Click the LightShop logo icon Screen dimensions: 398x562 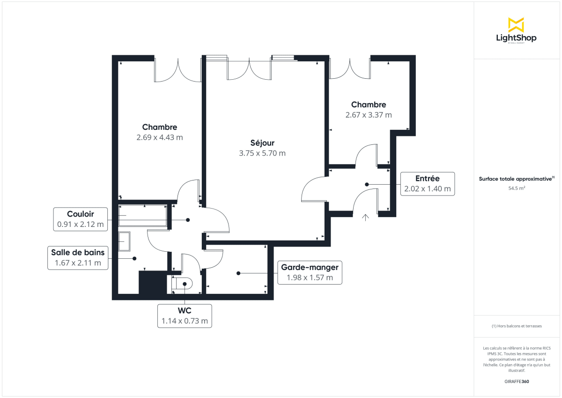click(516, 25)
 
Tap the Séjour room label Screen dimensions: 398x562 click(262, 143)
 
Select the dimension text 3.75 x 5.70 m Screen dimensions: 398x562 click(262, 153)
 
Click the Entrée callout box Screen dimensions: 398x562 click(427, 184)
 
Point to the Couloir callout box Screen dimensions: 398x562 click(81, 219)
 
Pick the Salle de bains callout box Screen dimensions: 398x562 click(78, 257)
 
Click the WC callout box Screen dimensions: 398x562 click(185, 316)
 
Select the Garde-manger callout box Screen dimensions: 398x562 click(309, 272)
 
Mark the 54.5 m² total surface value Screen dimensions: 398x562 click(516, 188)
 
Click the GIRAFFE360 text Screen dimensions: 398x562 click(516, 381)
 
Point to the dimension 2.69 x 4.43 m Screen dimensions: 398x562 click(160, 137)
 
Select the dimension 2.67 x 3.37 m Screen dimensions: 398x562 click(369, 115)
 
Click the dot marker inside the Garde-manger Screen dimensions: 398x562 click(238, 273)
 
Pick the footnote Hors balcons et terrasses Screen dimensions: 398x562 click(516, 326)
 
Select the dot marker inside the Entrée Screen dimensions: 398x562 click(367, 184)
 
